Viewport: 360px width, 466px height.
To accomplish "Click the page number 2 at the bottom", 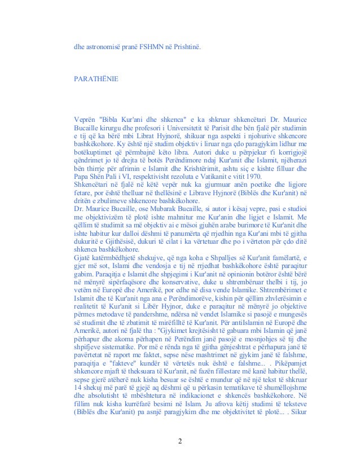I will point(179,441).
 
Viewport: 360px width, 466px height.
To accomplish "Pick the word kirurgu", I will point(106,129).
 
